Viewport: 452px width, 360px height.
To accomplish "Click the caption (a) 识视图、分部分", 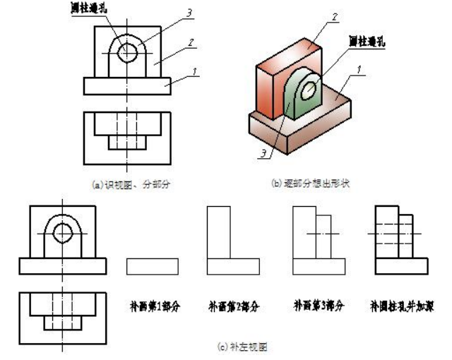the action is point(127,185).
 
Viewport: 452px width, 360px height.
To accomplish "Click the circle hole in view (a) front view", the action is point(128,52).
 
